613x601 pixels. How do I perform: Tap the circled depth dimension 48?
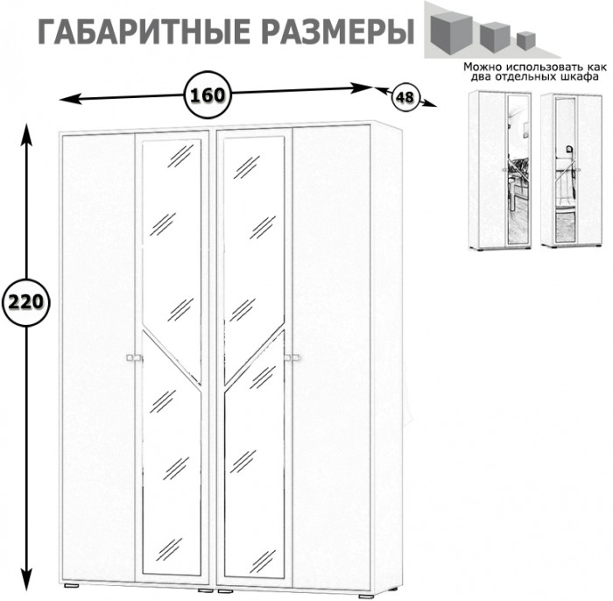(404, 96)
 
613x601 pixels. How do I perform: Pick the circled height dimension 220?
(25, 303)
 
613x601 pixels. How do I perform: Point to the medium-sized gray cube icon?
(493, 34)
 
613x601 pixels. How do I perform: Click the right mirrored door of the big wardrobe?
(254, 350)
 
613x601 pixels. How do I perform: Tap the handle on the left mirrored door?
(134, 357)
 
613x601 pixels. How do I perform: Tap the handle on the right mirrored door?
(292, 357)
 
